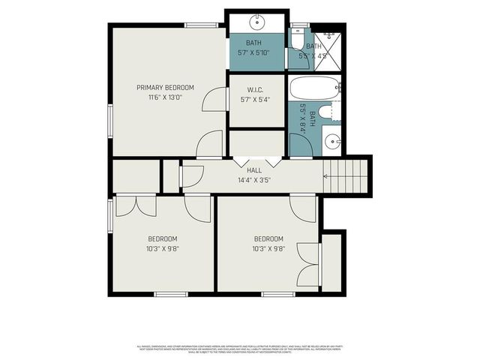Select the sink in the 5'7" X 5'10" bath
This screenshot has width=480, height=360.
click(x=257, y=20)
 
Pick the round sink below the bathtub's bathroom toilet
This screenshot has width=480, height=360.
click(x=332, y=140)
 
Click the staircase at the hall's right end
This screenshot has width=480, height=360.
click(x=347, y=176)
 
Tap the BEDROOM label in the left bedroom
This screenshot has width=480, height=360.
click(x=163, y=238)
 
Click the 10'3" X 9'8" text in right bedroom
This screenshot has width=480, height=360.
click(x=268, y=248)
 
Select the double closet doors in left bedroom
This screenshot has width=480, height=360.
click(x=136, y=204)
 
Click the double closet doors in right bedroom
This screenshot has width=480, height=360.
click(x=309, y=264)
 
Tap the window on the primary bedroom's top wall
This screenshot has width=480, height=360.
click(x=201, y=25)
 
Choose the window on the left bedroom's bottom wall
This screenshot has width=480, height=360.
click(x=171, y=294)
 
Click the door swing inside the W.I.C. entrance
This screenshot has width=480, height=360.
click(x=215, y=100)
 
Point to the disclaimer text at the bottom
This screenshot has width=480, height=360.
click(x=240, y=348)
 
